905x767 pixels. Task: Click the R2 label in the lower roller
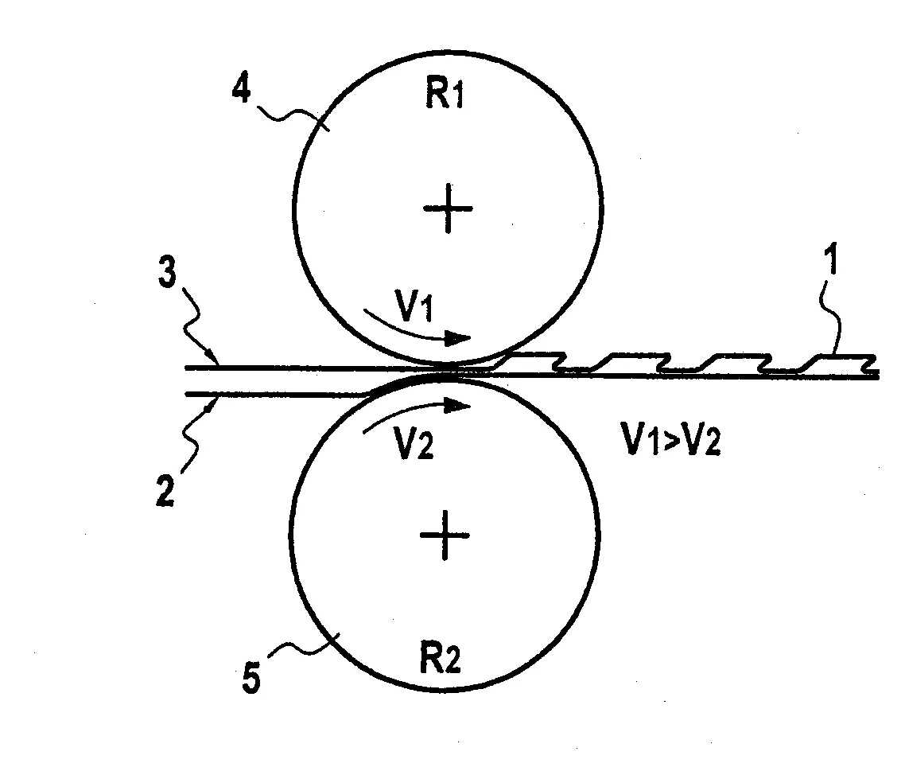440,658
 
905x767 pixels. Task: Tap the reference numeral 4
242,90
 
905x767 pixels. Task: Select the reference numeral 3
167,273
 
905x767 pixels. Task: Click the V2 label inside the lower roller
414,443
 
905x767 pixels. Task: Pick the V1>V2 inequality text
670,438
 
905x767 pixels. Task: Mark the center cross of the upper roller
448,208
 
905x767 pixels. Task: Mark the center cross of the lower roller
444,535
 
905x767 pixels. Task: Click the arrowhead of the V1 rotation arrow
460,338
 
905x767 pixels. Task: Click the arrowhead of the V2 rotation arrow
458,406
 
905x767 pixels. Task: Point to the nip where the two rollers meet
447,370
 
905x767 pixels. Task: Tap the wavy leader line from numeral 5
304,648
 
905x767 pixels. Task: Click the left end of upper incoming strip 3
186,368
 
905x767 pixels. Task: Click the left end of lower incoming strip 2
186,395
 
